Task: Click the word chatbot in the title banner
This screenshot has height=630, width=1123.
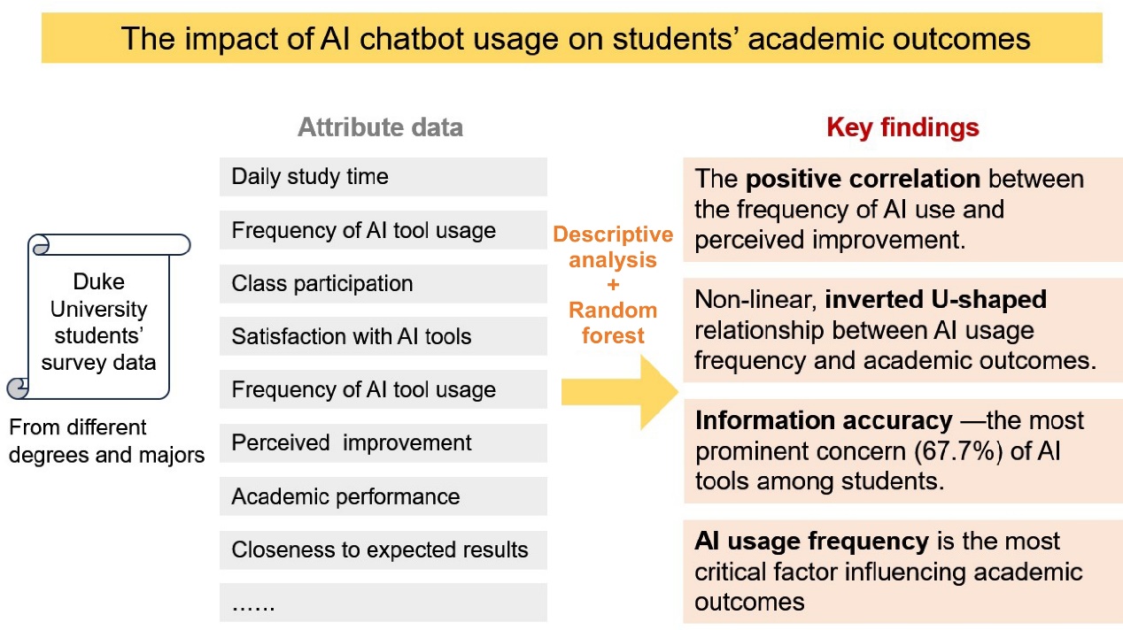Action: click(x=412, y=39)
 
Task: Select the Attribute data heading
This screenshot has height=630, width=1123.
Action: click(x=380, y=127)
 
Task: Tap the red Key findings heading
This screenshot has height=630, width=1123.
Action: click(x=902, y=127)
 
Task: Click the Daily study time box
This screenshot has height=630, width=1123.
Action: click(x=383, y=177)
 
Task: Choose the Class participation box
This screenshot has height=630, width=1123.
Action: click(x=383, y=283)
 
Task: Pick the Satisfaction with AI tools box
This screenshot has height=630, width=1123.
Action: click(x=383, y=336)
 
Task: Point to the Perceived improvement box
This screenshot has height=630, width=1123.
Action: click(x=383, y=442)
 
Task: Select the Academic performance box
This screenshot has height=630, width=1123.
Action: click(x=383, y=496)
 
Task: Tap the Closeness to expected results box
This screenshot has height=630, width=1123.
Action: click(x=383, y=549)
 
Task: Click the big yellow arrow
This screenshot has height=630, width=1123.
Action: click(x=620, y=392)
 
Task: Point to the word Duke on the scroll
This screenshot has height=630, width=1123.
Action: click(x=99, y=281)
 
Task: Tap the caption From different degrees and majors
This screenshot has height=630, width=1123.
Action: click(x=106, y=442)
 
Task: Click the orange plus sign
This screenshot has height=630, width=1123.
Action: click(x=613, y=284)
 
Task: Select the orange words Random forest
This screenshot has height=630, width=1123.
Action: click(x=613, y=323)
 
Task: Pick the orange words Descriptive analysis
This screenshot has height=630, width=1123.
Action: click(x=613, y=247)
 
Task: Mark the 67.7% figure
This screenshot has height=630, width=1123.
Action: click(x=958, y=451)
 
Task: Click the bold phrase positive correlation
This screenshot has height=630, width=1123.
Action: click(x=863, y=179)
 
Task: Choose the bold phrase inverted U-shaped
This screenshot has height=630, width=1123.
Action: click(x=935, y=299)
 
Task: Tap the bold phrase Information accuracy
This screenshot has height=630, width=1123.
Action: click(x=823, y=420)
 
